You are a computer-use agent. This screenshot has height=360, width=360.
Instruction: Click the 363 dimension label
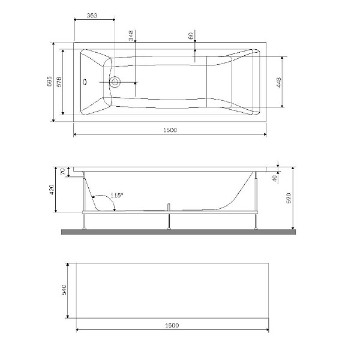click(92, 14)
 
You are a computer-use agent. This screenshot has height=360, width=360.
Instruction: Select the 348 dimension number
click(131, 36)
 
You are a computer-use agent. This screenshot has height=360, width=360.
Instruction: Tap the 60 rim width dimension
click(190, 37)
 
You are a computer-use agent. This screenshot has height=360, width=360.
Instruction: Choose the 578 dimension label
click(58, 83)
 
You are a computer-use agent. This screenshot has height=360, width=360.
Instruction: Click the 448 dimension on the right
click(279, 83)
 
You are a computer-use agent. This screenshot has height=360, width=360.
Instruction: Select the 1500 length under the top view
click(170, 130)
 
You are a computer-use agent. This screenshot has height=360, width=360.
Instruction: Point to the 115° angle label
click(116, 195)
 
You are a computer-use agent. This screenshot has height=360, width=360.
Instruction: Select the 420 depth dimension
click(52, 190)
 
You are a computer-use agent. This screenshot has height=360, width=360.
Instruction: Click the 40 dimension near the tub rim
click(275, 178)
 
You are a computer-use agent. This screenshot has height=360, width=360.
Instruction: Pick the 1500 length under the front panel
click(171, 325)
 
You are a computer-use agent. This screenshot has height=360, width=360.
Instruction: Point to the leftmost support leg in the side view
click(85, 221)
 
